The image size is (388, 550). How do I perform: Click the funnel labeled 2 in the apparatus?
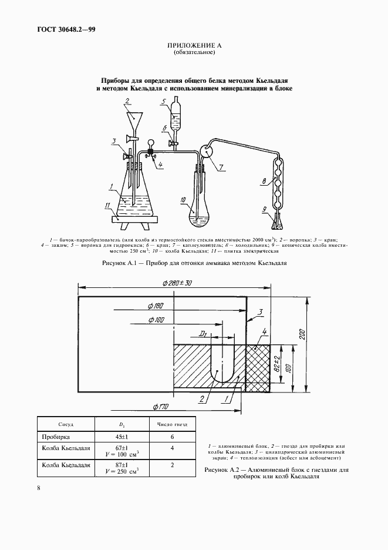136,120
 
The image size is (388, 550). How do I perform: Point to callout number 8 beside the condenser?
266,182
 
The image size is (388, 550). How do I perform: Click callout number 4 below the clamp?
160,166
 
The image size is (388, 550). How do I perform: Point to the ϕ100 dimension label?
157,320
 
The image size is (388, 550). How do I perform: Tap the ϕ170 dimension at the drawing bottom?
161,406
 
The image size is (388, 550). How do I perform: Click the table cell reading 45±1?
124,437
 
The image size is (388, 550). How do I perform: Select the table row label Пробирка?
55,437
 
